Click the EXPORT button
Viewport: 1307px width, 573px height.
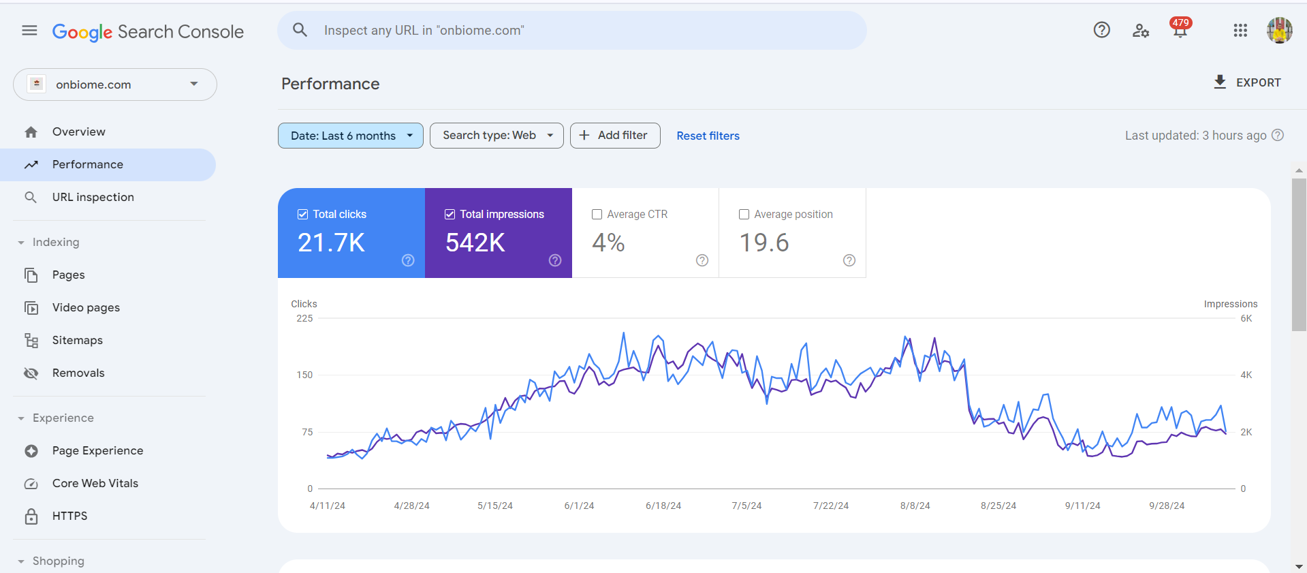(x=1248, y=82)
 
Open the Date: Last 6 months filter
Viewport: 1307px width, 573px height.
(x=350, y=136)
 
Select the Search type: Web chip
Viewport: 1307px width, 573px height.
(x=496, y=136)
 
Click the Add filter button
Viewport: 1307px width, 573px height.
(x=614, y=136)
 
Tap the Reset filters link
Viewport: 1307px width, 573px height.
(x=708, y=136)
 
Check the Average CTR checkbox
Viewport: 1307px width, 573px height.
(x=597, y=215)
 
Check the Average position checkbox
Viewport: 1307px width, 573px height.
(x=744, y=215)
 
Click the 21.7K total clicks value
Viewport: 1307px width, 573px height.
(x=332, y=243)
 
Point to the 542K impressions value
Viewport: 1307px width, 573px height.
(x=475, y=243)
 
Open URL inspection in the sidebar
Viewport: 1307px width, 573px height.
(x=93, y=197)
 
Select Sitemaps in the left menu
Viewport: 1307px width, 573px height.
(x=78, y=340)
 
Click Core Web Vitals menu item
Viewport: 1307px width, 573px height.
(x=95, y=483)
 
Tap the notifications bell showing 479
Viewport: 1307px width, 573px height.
(x=1180, y=30)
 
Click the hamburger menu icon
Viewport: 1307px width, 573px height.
(x=29, y=31)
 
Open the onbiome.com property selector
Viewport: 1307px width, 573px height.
(x=115, y=84)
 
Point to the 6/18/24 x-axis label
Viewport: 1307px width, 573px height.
(x=663, y=506)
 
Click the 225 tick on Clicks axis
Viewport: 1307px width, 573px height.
(x=304, y=318)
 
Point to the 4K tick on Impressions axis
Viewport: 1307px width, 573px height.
(x=1246, y=375)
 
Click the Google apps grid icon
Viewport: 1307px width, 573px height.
(x=1240, y=31)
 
